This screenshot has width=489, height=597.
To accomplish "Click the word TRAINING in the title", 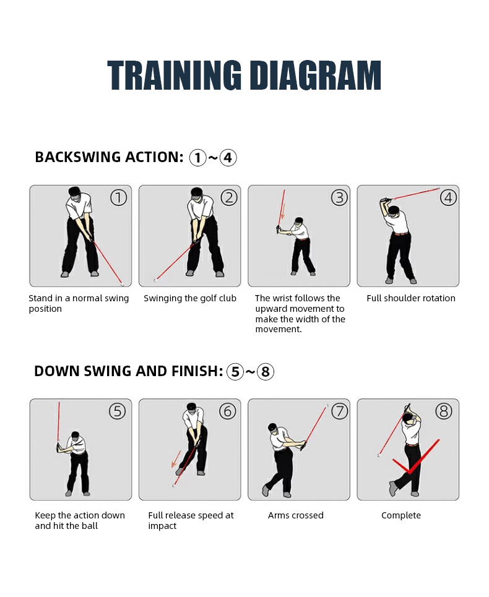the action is point(175,75).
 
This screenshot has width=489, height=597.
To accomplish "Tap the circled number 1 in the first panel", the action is point(118,198).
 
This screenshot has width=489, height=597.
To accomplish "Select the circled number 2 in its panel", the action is point(229,198).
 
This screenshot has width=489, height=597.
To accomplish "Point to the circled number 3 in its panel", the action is point(339,198).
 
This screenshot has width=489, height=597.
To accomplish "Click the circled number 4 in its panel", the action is point(448,198).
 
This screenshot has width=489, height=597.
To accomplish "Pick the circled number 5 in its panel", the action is point(118,411).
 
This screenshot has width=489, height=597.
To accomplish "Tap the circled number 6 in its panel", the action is point(228,411).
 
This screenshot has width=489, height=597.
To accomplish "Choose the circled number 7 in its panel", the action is point(339,411).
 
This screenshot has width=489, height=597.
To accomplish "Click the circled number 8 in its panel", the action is point(444,411).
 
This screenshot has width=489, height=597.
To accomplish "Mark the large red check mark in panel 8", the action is point(410,471).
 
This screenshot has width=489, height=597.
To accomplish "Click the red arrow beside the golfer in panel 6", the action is point(176,459).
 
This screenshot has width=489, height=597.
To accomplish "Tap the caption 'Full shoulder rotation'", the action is point(411,298).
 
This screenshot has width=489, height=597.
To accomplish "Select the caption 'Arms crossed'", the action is point(295,515).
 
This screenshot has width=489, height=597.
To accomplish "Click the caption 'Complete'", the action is point(401,515).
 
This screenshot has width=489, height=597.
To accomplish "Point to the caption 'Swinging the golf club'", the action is point(190,298).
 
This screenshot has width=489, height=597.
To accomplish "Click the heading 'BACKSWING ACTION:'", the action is point(110,157).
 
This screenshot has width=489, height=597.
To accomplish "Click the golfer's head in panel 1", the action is point(74,192).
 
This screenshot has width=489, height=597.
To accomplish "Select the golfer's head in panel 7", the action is point(272,427).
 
